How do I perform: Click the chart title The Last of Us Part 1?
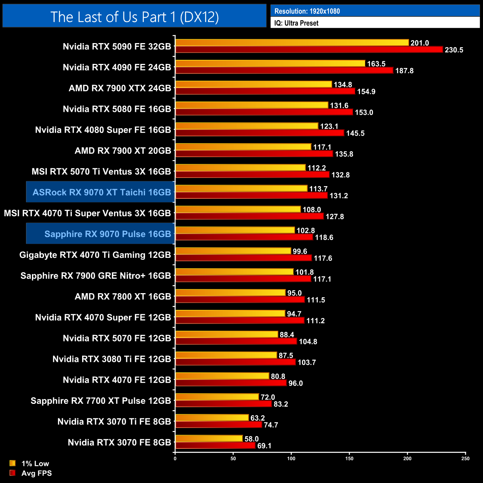pyautogui.click(x=134, y=17)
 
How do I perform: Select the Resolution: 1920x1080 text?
pyautogui.click(x=307, y=11)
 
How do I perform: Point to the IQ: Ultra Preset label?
pyautogui.click(x=296, y=23)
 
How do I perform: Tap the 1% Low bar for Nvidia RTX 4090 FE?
pyautogui.click(x=270, y=64)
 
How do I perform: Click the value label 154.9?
pyautogui.click(x=366, y=92)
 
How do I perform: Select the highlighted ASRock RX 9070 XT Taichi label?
pyautogui.click(x=101, y=192)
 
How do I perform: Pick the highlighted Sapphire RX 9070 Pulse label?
pyautogui.click(x=107, y=234)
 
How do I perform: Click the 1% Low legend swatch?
pyautogui.click(x=13, y=463)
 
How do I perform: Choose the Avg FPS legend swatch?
pyautogui.click(x=13, y=473)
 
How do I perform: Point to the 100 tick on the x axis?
pyautogui.click(x=291, y=458)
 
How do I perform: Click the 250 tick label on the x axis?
pyautogui.click(x=466, y=458)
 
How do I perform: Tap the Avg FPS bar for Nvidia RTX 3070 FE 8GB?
pyautogui.click(x=215, y=445)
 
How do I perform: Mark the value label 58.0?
pyautogui.click(x=252, y=439)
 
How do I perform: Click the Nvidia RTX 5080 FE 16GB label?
pyautogui.click(x=117, y=109)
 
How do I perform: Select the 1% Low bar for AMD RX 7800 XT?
pyautogui.click(x=230, y=293)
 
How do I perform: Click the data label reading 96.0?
pyautogui.click(x=295, y=383)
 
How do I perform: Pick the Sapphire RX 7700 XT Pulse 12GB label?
pyautogui.click(x=101, y=401)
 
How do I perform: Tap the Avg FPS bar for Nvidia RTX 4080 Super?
pyautogui.click(x=260, y=133)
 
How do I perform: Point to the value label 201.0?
pyautogui.click(x=419, y=43)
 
